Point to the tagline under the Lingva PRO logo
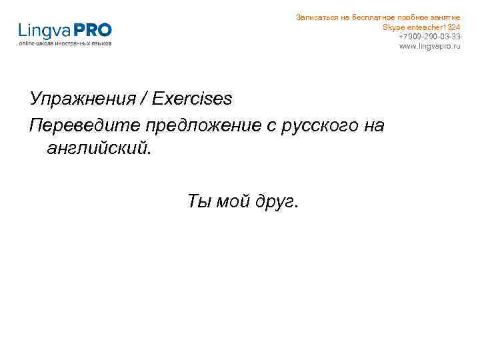[65, 43]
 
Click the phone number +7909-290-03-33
[429, 36]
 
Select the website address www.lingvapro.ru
[429, 46]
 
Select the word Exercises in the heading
[193, 99]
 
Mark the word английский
[99, 147]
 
